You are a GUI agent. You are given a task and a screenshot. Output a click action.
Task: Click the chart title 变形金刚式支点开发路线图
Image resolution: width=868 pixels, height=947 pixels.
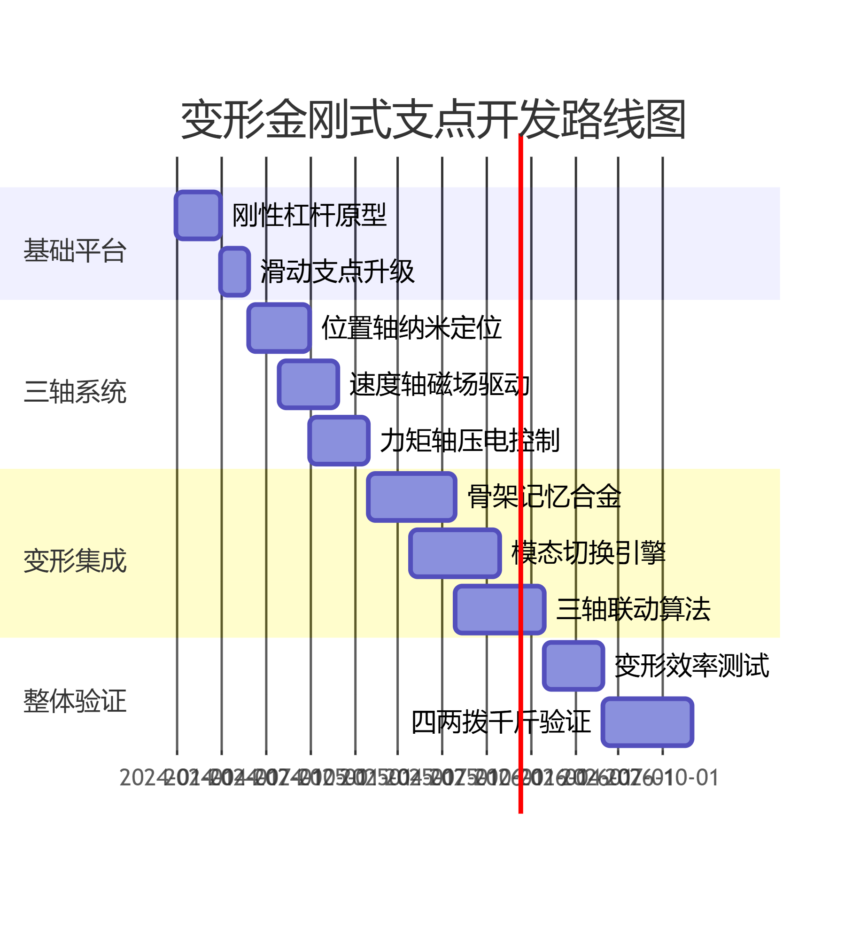[x=434, y=120]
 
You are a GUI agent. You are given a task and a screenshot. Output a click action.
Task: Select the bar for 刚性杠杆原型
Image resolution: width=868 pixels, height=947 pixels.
[x=198, y=216]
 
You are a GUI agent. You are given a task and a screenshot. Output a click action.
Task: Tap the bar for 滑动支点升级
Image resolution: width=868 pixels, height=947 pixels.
[x=234, y=272]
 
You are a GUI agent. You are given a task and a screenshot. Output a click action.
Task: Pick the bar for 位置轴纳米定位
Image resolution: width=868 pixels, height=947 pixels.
[x=279, y=328]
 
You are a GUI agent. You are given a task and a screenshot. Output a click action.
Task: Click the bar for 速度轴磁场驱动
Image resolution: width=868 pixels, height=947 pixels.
[x=308, y=384]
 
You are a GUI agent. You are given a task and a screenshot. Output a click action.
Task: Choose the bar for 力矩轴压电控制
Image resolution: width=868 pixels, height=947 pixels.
[x=339, y=441]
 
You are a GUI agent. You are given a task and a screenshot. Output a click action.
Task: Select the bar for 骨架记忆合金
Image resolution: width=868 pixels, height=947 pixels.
[x=411, y=497]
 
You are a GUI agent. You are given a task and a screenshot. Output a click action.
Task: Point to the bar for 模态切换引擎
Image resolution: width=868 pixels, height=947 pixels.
[x=455, y=553]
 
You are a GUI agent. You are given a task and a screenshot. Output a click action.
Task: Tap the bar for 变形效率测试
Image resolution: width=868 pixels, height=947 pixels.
[x=573, y=666]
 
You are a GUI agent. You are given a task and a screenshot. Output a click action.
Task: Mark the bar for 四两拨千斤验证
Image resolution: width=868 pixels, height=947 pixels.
[x=647, y=722]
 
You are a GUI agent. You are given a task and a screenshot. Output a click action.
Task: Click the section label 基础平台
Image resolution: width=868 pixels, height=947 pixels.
[x=75, y=250]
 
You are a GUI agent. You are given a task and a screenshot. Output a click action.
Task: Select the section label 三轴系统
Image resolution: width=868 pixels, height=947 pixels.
[x=75, y=392]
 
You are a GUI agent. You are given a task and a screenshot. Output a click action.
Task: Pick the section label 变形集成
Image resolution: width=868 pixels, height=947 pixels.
[x=75, y=560]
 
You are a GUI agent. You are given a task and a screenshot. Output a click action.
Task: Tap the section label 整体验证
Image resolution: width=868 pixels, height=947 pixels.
[x=75, y=701]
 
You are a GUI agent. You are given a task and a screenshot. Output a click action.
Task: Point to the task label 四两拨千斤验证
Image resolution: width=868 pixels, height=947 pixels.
[x=501, y=722]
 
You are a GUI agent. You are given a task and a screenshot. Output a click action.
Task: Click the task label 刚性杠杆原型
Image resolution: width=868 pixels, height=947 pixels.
[x=309, y=215]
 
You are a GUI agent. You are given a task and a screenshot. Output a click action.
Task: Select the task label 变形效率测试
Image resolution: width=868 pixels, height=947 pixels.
[x=691, y=666]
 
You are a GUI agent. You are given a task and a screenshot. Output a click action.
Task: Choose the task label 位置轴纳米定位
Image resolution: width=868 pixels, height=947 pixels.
[x=411, y=328]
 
